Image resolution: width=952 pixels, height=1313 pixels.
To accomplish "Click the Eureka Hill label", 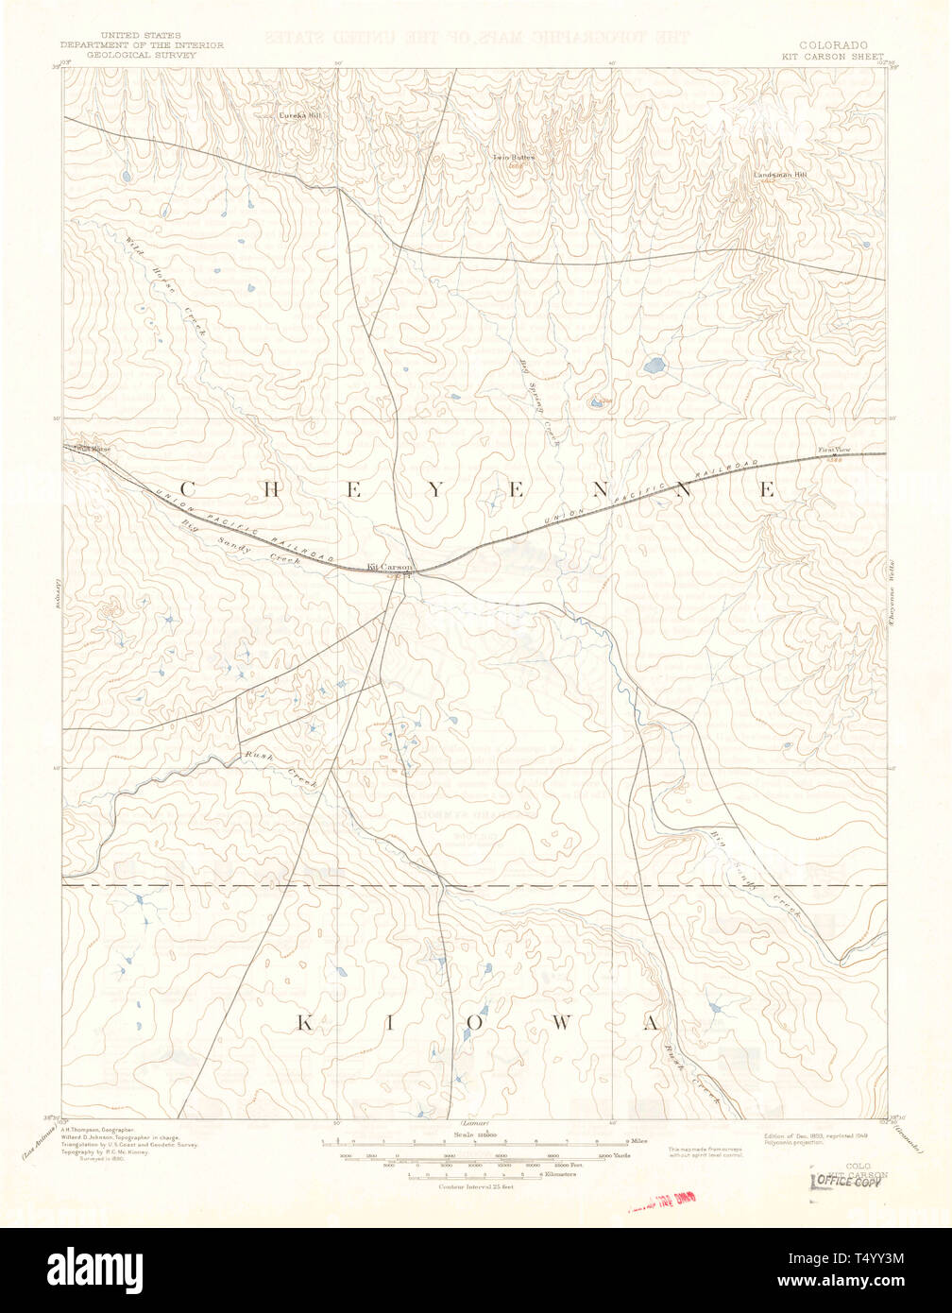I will (299, 115).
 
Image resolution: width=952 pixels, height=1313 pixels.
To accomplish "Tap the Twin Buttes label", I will (513, 157).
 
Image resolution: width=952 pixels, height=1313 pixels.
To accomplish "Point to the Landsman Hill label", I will (781, 175).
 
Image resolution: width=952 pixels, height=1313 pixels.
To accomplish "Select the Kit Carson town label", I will (389, 566).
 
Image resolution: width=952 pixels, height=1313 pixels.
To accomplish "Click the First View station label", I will (834, 450).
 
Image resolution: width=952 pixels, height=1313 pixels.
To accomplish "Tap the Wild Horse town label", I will (93, 448).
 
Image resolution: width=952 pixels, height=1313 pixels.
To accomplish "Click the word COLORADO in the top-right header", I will (834, 44).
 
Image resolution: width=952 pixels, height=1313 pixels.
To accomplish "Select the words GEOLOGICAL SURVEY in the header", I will (128, 55).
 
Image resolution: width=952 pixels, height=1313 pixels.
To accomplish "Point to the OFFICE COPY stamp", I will (845, 1182).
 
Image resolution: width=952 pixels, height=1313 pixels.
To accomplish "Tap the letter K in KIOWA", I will (305, 1022).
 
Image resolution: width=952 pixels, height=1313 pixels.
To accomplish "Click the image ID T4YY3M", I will (882, 1258).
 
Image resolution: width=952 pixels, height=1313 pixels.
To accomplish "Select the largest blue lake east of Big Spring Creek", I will (653, 364).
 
